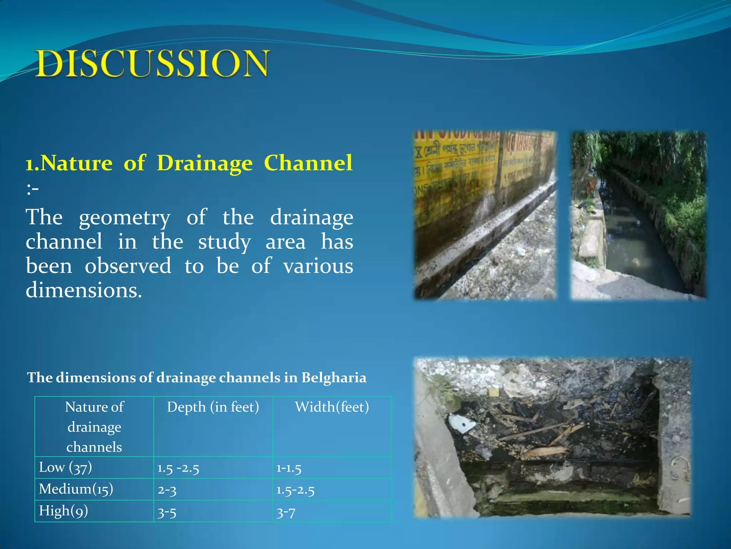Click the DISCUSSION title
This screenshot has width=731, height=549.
(x=152, y=64)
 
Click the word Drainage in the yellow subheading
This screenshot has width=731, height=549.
(x=205, y=163)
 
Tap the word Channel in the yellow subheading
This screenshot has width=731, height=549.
(x=308, y=163)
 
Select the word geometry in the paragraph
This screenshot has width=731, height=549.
(x=124, y=218)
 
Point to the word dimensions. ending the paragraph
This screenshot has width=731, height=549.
(x=84, y=290)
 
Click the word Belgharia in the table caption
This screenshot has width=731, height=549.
(x=333, y=378)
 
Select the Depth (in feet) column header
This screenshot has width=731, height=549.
(x=213, y=407)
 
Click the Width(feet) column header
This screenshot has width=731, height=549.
(x=332, y=407)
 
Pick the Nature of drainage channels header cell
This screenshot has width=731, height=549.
(x=94, y=427)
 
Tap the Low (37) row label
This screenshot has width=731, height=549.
(x=65, y=468)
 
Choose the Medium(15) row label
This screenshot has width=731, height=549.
(x=76, y=489)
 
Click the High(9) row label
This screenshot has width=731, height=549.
(x=63, y=511)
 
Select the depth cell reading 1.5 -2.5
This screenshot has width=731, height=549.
(x=178, y=468)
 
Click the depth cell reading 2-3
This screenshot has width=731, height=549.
(x=167, y=490)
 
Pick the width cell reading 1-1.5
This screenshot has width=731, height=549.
(x=289, y=468)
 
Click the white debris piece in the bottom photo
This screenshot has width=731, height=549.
(x=461, y=423)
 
